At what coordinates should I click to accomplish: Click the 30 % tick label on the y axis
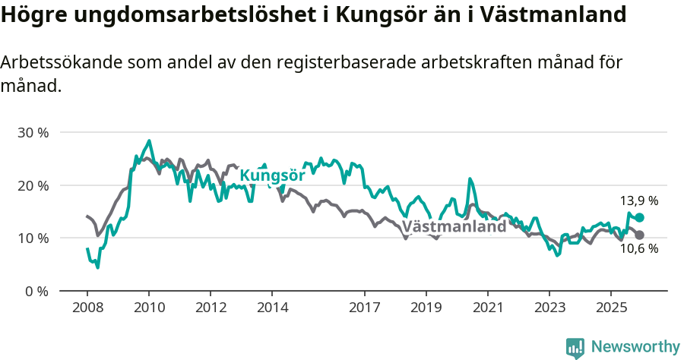33,133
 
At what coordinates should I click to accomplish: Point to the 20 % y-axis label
33,185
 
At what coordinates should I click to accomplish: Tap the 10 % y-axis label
33,238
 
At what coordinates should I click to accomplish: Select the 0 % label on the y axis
36,291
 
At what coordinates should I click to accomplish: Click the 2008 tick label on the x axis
87,308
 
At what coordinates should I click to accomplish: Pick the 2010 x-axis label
149,308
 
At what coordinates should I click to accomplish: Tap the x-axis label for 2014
272,308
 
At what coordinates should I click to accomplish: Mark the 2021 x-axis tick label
487,308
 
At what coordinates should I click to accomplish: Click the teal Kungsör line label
272,176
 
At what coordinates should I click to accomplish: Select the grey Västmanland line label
454,226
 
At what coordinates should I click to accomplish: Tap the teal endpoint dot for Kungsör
640,218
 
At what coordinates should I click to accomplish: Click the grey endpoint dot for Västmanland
640,235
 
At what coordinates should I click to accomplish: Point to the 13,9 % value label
639,201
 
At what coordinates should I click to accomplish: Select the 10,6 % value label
639,249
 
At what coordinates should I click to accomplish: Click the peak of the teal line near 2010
149,141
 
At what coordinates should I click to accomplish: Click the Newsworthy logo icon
575,348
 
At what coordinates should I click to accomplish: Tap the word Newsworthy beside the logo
635,347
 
